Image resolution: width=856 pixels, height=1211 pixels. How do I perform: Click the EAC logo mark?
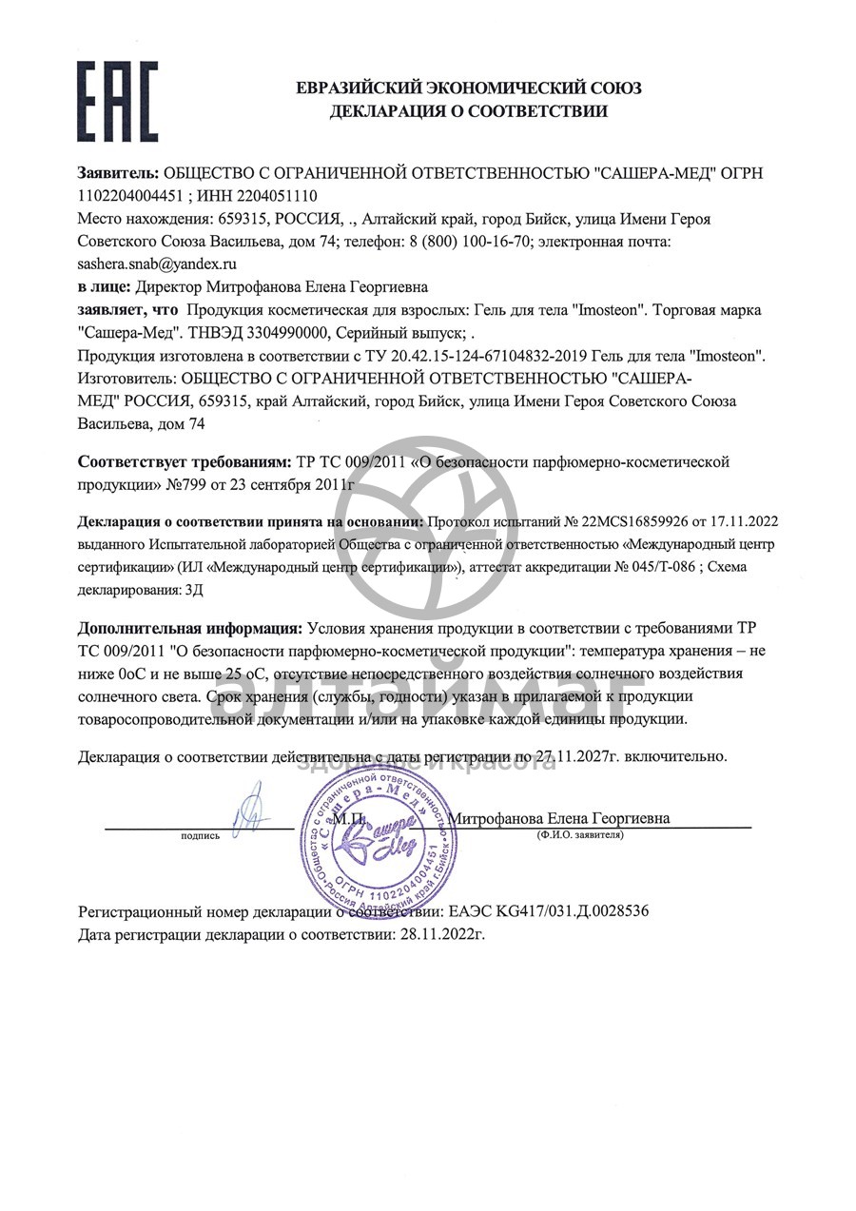point(117,101)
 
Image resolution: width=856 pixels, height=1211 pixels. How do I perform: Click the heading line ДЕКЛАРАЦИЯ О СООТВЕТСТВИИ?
point(468,111)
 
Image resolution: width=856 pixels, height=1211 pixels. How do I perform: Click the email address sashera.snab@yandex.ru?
point(157,264)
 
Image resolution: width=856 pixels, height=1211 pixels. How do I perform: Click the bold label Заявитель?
point(118,173)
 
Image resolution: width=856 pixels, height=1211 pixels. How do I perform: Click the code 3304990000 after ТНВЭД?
point(283,332)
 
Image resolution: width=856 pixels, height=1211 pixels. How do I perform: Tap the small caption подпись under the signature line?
point(200,835)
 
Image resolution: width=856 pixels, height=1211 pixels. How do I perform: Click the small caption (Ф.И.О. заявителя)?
point(579,834)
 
